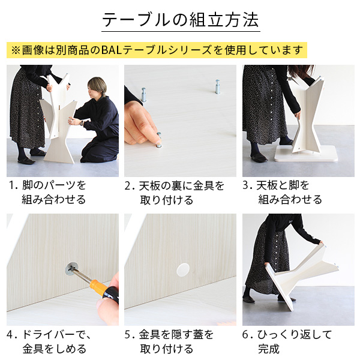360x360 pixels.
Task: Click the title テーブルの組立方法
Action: pos(180,19)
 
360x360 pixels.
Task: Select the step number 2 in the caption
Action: pos(128,186)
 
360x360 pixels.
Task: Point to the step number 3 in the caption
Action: pos(246,186)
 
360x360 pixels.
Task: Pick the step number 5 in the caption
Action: pos(128,335)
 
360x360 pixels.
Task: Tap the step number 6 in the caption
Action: pos(246,335)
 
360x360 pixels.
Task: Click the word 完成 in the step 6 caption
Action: pos(268,349)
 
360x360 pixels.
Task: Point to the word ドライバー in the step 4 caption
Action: pos(47,335)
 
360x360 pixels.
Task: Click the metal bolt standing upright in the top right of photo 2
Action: pos(214,85)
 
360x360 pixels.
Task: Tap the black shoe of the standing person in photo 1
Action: pos(25,160)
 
